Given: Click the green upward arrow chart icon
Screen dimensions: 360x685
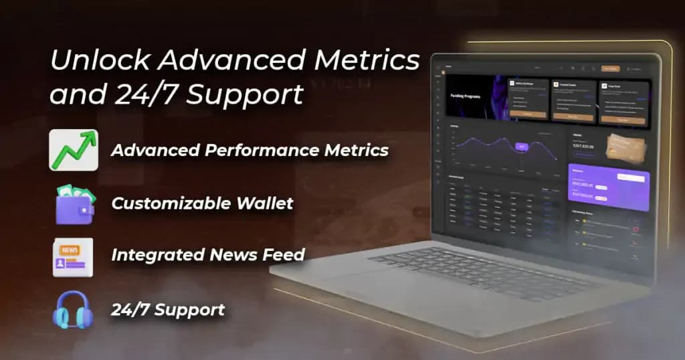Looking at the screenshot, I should click(73, 150).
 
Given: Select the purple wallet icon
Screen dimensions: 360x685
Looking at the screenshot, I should click(73, 203).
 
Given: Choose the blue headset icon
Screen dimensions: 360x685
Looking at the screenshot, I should click(71, 310).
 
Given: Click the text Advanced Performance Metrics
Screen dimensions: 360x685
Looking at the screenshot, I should click(250, 150).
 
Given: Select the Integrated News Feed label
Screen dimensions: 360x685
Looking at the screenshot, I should click(208, 255).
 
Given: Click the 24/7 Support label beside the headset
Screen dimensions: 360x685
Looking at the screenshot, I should click(168, 310).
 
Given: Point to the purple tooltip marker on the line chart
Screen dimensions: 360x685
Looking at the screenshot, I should click(521, 145).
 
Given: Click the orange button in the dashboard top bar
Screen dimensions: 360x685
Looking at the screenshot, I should click(610, 68).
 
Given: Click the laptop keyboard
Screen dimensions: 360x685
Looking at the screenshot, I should click(482, 268).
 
